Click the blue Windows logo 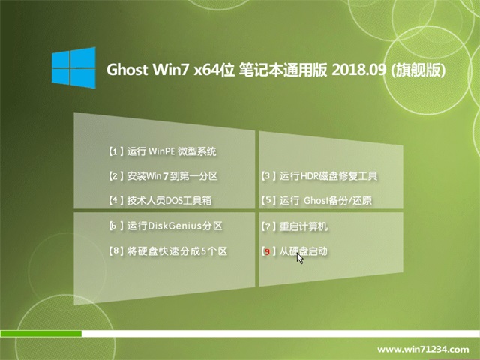(x=73, y=67)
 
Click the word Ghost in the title (x=127, y=70)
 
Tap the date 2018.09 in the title (x=358, y=70)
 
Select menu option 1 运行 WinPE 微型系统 (x=163, y=151)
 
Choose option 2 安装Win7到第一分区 (x=163, y=176)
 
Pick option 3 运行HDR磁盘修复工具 (x=319, y=176)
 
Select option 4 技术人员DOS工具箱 (x=160, y=200)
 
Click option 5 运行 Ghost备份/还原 (x=316, y=200)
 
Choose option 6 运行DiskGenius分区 (x=166, y=226)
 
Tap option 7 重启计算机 (x=295, y=226)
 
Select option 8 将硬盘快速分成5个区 (x=168, y=251)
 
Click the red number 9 (x=267, y=252)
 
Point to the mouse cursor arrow (x=300, y=258)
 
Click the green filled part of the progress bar (x=41, y=333)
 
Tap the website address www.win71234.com (x=423, y=349)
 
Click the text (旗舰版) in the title (x=418, y=70)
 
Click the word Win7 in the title (x=171, y=70)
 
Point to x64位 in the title (x=214, y=70)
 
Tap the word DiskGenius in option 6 (x=175, y=226)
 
